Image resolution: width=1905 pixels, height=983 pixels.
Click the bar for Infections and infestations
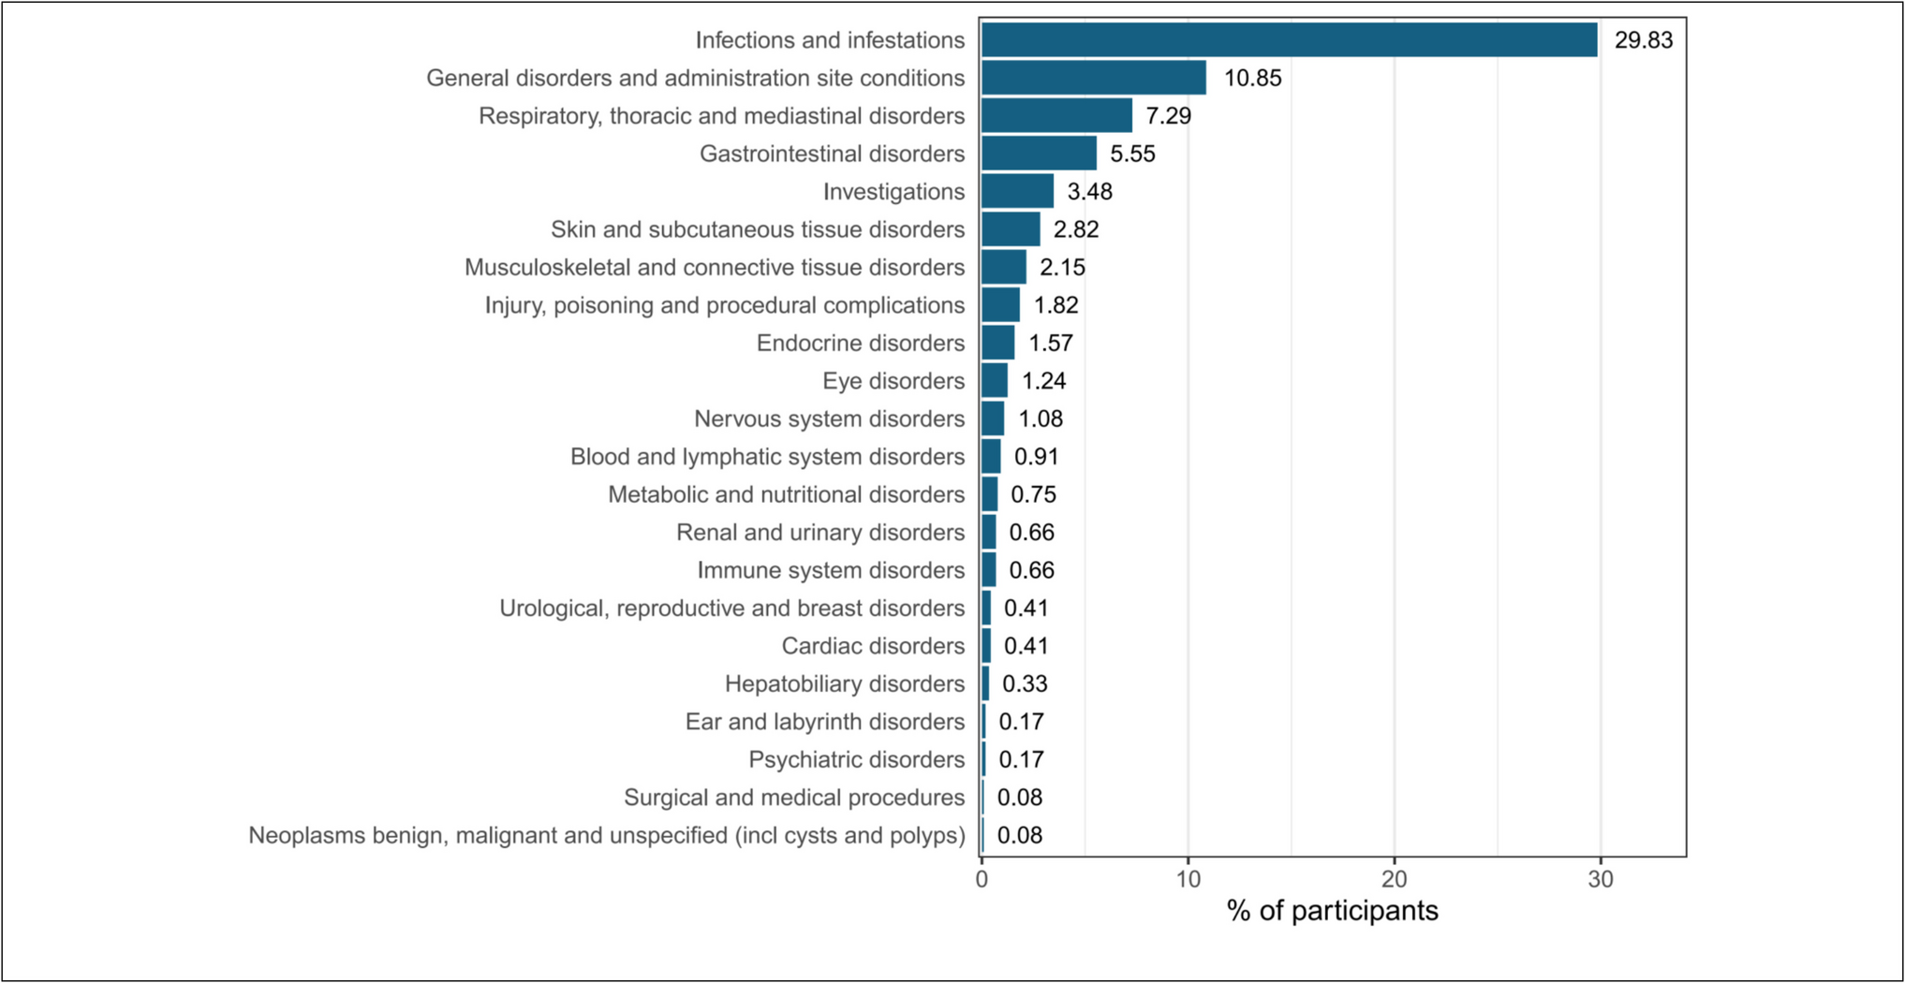[x=1289, y=40]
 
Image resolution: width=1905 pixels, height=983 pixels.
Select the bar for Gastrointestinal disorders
[x=1039, y=154]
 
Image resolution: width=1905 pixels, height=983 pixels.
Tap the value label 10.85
[x=1252, y=79]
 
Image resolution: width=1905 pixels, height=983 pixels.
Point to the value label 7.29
[x=1168, y=116]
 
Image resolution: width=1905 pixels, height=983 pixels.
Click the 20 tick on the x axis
[x=1394, y=880]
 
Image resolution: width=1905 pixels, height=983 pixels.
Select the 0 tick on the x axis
[x=982, y=880]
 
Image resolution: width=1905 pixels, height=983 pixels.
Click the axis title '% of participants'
[x=1332, y=911]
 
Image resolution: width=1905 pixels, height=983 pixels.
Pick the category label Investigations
[x=893, y=192]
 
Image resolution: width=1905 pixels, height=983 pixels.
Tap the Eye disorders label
[x=893, y=381]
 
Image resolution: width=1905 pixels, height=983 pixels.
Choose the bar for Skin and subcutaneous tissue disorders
[x=1011, y=229]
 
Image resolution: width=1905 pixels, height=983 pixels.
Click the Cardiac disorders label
[x=873, y=646]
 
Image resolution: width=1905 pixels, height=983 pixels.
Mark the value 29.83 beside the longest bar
[x=1643, y=40]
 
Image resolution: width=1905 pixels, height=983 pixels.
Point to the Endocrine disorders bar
[x=997, y=343]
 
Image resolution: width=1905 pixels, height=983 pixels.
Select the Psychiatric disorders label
[x=856, y=759]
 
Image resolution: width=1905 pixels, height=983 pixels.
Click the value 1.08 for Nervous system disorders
[x=1040, y=418]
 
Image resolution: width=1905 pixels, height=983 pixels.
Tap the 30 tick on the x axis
[x=1600, y=880]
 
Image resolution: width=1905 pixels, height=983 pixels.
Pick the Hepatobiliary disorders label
[x=844, y=684]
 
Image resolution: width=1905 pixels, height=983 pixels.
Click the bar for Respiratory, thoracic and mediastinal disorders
[x=1056, y=116]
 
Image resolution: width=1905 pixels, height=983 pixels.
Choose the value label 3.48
[x=1089, y=192]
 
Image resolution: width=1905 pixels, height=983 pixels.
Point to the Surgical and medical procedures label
[x=794, y=798]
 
